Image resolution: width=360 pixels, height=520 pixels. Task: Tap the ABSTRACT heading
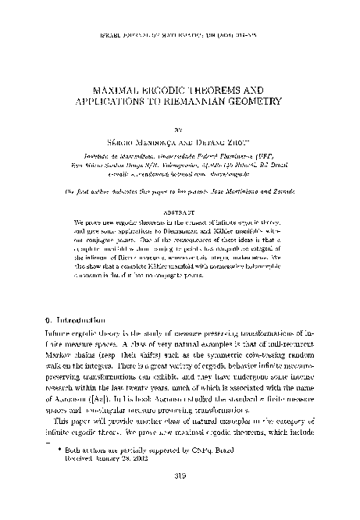tap(180, 188)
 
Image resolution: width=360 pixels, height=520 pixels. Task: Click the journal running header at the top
tap(180, 15)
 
